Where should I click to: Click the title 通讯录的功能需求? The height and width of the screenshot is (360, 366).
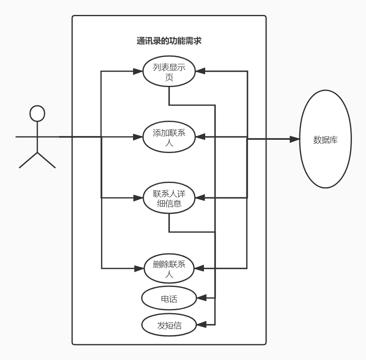(169, 41)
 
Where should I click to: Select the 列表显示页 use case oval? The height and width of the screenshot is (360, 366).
(169, 71)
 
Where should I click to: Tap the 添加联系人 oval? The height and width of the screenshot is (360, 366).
(169, 137)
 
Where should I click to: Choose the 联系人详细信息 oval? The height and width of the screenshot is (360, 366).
(169, 198)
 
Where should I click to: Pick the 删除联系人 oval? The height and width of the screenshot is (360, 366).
(169, 269)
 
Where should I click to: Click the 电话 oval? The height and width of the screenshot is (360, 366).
(169, 298)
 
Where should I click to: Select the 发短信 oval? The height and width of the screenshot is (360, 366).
(169, 325)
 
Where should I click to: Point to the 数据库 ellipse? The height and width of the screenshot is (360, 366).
(325, 139)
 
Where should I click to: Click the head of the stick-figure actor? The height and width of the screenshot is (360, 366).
(37, 113)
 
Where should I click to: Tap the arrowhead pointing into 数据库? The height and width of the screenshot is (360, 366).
(295, 139)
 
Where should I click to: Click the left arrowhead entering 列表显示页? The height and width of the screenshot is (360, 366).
(138, 71)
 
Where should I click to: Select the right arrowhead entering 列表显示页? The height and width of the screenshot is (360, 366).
(201, 71)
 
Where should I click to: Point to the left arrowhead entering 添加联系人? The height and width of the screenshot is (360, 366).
(138, 137)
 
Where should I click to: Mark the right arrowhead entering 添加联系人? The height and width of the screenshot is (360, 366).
(201, 137)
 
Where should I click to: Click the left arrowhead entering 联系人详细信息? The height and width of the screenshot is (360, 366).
(138, 198)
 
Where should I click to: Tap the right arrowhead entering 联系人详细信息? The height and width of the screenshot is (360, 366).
(201, 198)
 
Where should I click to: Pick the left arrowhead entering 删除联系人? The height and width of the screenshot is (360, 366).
(138, 269)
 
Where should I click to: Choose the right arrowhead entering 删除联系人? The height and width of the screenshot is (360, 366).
(200, 269)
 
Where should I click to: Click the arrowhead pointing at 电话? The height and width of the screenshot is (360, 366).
(201, 298)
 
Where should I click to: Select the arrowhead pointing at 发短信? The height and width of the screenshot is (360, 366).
(201, 324)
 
